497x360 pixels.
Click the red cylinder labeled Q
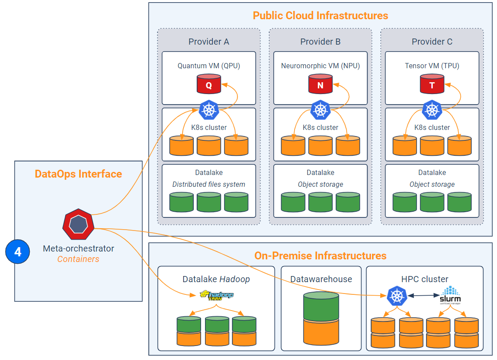[x=209, y=84]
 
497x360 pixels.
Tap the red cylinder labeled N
[x=320, y=84]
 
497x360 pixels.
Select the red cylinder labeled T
[x=432, y=84]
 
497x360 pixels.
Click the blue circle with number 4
[x=18, y=252]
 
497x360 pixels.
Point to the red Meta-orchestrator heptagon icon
[x=78, y=224]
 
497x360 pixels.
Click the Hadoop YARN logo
[x=217, y=295]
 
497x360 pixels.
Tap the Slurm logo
[x=450, y=296]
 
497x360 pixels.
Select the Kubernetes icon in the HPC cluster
[x=397, y=296]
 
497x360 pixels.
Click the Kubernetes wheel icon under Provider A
[x=209, y=110]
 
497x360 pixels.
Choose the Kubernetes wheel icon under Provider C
[x=432, y=110]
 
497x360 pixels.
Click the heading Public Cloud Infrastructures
[x=320, y=16]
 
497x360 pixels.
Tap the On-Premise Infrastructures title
[x=320, y=255]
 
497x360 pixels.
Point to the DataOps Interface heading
[x=78, y=174]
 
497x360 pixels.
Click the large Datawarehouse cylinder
[x=321, y=318]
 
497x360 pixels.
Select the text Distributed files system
[x=209, y=184]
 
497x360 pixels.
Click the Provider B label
[x=320, y=42]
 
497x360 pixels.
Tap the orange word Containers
[x=78, y=259]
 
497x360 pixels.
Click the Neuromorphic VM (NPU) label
[x=320, y=66]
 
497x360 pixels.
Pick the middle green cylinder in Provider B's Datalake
[x=320, y=202]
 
